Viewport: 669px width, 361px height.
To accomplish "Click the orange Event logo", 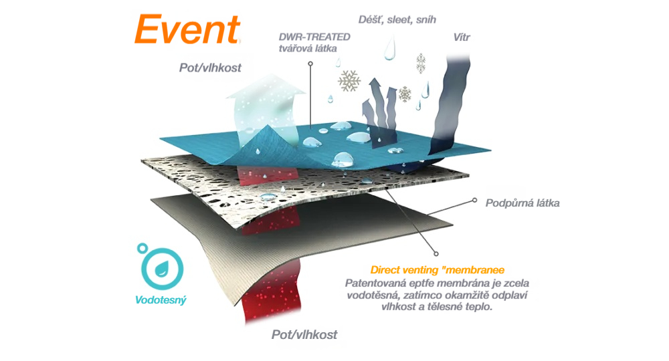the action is pos(187,29).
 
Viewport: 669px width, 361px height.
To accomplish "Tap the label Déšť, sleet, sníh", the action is pos(397,19).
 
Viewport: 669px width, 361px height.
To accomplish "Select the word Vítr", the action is pos(461,37).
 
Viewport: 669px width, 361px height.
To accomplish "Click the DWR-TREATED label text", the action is pos(314,37).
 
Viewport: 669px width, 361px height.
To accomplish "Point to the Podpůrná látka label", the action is pos(522,203).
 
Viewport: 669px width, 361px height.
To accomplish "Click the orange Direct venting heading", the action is pos(437,270).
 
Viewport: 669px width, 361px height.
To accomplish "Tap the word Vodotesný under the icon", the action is pos(161,300).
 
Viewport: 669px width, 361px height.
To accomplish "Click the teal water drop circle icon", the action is pos(161,267).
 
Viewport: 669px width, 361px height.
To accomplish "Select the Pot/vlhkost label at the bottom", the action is pos(304,334).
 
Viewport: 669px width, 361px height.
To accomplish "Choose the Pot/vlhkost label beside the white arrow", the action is pos(210,68).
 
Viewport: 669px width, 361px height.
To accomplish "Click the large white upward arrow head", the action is pos(266,86).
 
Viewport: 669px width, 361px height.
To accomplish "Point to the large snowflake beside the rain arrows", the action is pos(349,80).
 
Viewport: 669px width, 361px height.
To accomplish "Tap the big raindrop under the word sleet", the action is pos(390,48).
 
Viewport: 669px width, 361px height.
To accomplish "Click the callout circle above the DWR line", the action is pos(310,64).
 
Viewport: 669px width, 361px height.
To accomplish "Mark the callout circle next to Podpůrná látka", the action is pos(474,201).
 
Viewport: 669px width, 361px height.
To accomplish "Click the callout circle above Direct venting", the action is pos(436,254).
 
